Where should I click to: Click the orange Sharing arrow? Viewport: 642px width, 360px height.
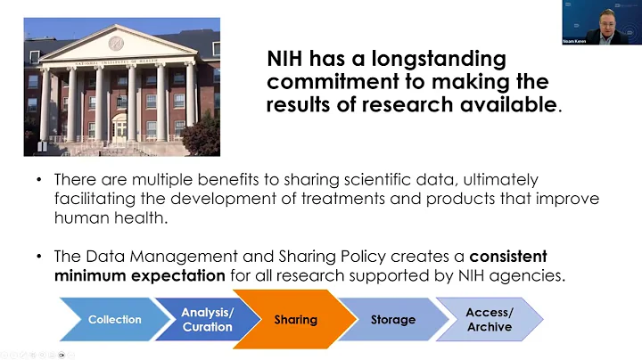295,319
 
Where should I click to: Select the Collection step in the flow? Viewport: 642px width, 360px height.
114,320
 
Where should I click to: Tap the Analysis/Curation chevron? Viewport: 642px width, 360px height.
206,319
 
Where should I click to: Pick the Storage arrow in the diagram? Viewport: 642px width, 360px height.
393,320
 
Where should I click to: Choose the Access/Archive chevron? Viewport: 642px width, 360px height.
490,320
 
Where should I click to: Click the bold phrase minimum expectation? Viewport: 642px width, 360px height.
139,275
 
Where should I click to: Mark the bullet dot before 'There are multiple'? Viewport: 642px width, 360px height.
38,180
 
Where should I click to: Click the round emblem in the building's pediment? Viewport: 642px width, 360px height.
116,43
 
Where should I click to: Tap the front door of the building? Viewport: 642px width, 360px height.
119,130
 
